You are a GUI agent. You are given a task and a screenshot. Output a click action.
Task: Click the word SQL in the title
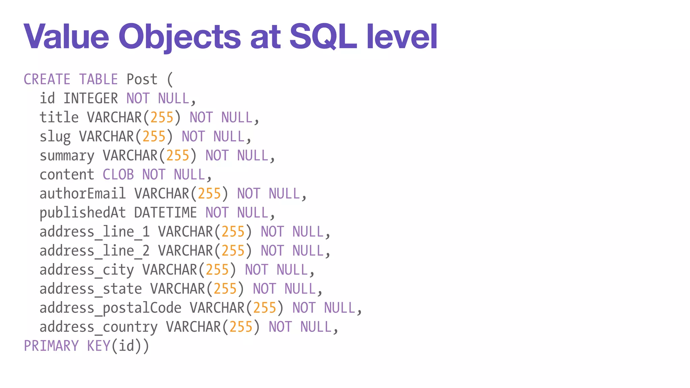[x=323, y=36]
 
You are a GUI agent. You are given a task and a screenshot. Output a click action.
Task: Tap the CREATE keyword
[x=47, y=79]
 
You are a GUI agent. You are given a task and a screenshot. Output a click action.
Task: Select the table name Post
[x=142, y=79]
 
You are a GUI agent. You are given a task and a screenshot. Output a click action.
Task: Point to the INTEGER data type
[x=91, y=99]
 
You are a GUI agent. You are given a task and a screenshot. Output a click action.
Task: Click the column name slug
[x=55, y=137]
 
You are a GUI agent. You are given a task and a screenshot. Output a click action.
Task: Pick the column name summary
[x=67, y=156]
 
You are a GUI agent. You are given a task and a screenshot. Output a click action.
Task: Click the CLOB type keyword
[x=118, y=175]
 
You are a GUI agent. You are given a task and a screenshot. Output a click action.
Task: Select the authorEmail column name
[x=83, y=194]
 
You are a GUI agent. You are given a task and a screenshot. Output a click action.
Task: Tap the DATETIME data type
[x=165, y=213]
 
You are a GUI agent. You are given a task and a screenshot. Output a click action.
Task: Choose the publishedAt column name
[x=83, y=213]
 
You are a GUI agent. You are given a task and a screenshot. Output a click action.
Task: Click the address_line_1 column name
[x=94, y=232]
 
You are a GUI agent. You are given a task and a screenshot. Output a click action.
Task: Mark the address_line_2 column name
[x=94, y=251]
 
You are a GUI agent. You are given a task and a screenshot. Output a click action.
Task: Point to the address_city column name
[x=87, y=270]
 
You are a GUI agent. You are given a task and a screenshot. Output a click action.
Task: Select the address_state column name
[x=91, y=289]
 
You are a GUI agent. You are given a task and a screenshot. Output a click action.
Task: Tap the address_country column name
[x=98, y=327]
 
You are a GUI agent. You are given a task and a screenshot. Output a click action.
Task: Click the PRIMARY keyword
[x=51, y=346]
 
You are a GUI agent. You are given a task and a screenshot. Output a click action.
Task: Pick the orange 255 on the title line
[x=162, y=118]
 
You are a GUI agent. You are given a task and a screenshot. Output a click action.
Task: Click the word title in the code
[x=59, y=118]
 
